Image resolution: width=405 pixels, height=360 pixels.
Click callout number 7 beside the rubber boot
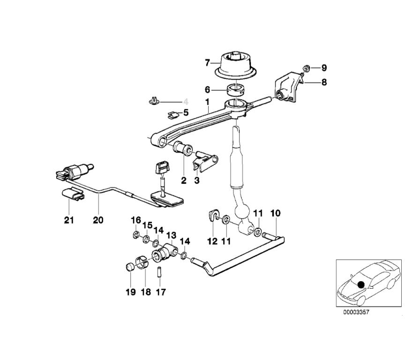tap(208, 62)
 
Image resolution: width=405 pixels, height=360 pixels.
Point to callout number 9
tap(324, 68)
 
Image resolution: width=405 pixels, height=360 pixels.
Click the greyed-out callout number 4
tap(186, 101)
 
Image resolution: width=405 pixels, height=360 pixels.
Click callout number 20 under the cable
tap(98, 219)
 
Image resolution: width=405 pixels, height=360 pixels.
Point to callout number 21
tap(69, 219)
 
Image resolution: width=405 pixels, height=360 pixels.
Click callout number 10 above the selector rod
tap(275, 213)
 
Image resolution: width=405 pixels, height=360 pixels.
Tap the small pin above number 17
tap(160, 271)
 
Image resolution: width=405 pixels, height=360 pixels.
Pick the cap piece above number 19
tap(129, 268)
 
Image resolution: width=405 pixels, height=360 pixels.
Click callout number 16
tap(135, 220)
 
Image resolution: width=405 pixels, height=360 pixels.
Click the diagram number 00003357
tap(356, 312)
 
